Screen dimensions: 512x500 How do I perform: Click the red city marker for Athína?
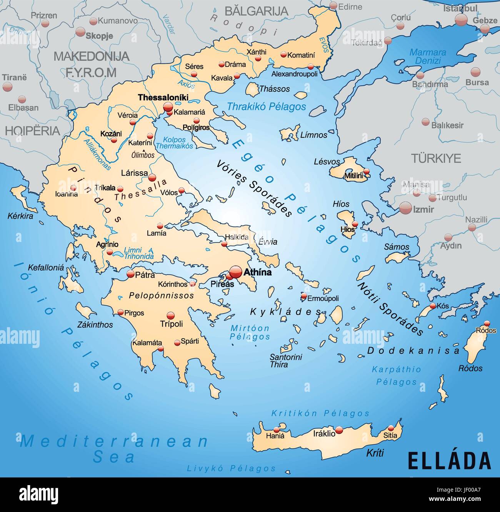[x=236, y=272]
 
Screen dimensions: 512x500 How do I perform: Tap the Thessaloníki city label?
[x=163, y=98]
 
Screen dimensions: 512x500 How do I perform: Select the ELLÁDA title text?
[x=449, y=461]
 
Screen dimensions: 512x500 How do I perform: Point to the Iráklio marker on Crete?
[x=339, y=429]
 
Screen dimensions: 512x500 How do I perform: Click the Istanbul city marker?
[x=461, y=20]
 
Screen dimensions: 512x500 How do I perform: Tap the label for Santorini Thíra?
[x=285, y=361]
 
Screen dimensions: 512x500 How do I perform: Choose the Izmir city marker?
[x=405, y=208]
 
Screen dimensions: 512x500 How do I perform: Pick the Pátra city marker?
[x=130, y=274]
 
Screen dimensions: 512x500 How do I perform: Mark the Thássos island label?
[x=274, y=89]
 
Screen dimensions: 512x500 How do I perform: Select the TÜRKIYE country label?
[x=436, y=158]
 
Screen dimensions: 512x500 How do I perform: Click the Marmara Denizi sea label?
[x=428, y=56]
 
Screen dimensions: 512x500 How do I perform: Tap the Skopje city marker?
[x=80, y=32]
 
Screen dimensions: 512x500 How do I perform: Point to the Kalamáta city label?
[x=147, y=343]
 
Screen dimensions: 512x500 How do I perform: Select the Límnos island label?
[x=313, y=135]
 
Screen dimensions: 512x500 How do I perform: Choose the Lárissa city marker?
[x=152, y=178]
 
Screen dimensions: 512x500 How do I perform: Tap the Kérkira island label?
[x=20, y=216]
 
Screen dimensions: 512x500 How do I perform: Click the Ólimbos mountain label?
[x=143, y=155]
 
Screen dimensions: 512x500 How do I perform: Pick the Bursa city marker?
[x=475, y=72]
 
